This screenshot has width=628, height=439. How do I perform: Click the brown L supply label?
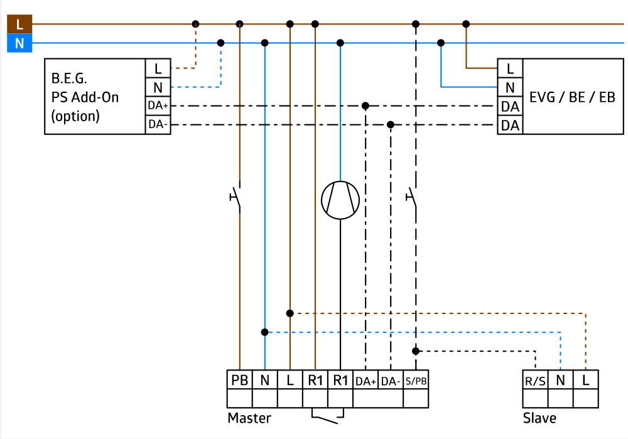[19, 24]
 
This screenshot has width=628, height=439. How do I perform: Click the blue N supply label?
[19, 44]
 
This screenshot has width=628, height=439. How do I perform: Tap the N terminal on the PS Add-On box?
[158, 87]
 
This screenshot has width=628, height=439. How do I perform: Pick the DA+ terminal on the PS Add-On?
[158, 106]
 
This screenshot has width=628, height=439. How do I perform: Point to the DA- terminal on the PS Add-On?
[158, 124]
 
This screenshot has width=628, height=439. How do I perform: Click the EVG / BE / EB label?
[572, 97]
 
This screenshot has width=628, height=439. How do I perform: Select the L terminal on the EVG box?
[510, 68]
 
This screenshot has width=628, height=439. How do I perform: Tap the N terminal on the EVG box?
[510, 87]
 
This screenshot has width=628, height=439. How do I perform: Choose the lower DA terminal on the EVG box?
[510, 125]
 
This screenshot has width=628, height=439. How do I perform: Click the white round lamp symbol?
[340, 200]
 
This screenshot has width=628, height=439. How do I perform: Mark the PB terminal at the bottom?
[240, 380]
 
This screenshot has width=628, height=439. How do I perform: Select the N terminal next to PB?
[265, 380]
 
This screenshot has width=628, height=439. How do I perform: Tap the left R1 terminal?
[315, 380]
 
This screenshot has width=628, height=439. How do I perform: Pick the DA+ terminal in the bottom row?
[365, 381]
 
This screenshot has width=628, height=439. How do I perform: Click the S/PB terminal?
[416, 381]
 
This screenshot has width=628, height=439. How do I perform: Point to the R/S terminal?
[535, 381]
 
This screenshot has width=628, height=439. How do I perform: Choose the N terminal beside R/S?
[560, 380]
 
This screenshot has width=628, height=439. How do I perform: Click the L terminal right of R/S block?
[585, 380]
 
